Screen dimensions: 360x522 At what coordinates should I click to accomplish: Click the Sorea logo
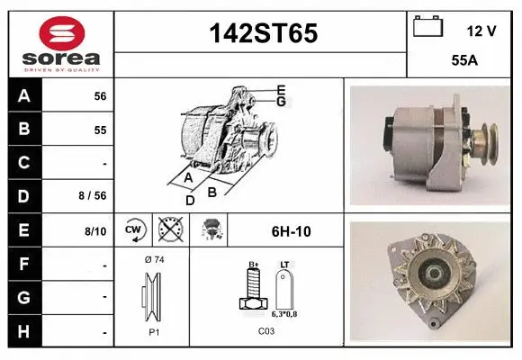pyautogui.click(x=60, y=44)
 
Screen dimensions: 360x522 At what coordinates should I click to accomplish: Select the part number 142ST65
pyautogui.click(x=262, y=33)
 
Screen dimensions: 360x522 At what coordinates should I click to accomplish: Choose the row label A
pyautogui.click(x=23, y=95)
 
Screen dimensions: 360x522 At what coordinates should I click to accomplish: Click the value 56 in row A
pyautogui.click(x=100, y=95)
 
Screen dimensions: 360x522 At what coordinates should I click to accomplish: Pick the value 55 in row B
pyautogui.click(x=100, y=130)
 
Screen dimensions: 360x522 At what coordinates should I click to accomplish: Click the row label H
pyautogui.click(x=23, y=331)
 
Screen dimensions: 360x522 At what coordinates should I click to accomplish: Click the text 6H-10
pyautogui.click(x=291, y=231)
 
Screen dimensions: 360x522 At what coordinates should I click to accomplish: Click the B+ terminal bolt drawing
pyautogui.click(x=254, y=292)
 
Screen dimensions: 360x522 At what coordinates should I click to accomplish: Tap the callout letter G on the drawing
pyautogui.click(x=281, y=102)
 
